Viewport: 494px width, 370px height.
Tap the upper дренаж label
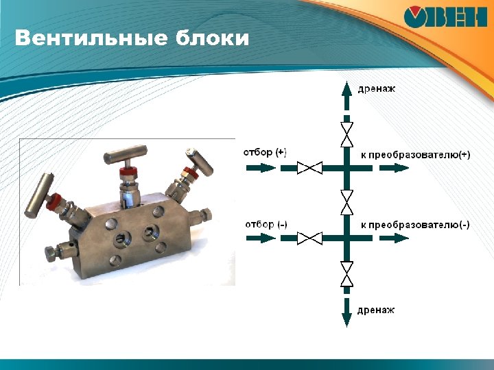point(377,88)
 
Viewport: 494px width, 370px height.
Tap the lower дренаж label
point(376,310)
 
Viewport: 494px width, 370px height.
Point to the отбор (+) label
point(266,153)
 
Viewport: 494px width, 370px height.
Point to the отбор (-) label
point(266,224)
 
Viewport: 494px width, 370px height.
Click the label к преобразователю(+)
point(415,155)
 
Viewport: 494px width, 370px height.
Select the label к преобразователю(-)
point(415,225)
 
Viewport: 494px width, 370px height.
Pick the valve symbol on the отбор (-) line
point(311,238)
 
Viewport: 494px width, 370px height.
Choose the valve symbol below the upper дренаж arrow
point(346,133)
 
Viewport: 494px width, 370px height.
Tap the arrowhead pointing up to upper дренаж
point(346,87)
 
